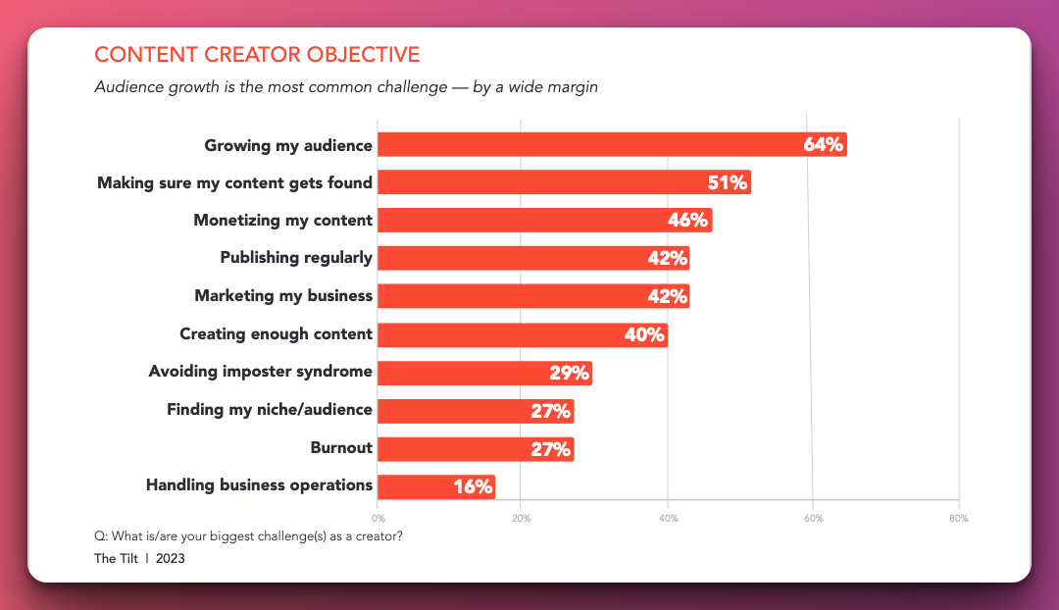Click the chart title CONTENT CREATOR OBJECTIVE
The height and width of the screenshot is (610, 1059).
click(x=257, y=54)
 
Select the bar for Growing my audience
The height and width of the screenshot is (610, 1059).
click(x=588, y=144)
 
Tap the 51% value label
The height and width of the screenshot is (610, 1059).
click(x=728, y=182)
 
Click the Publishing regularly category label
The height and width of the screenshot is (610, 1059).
click(x=296, y=258)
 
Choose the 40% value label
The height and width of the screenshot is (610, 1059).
click(x=645, y=334)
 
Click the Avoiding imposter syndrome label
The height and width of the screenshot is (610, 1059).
click(x=260, y=372)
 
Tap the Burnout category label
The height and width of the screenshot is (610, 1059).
click(x=341, y=448)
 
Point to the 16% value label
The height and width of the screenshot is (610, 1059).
click(x=473, y=486)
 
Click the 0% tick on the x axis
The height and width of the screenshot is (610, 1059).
click(x=378, y=518)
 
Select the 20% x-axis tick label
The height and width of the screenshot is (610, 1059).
click(x=522, y=518)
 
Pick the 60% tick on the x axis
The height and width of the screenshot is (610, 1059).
click(x=813, y=518)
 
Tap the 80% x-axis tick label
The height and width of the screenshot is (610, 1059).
click(x=958, y=518)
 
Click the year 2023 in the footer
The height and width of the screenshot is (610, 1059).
click(x=170, y=559)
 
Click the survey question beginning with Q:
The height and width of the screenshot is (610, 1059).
click(x=248, y=535)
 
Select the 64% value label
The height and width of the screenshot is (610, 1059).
click(x=823, y=145)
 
